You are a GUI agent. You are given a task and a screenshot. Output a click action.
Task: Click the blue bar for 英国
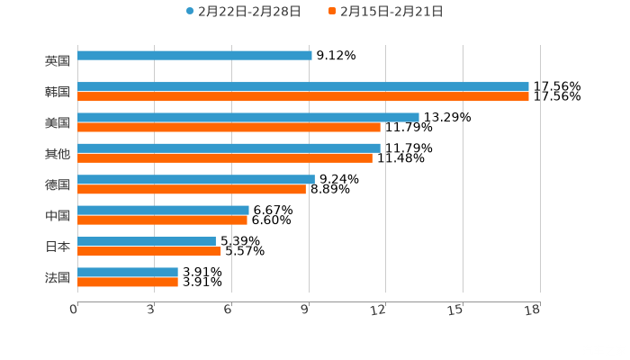click(194, 56)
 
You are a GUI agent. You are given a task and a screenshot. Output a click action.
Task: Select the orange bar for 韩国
click(303, 96)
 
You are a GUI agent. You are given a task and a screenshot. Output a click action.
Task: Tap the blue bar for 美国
click(248, 117)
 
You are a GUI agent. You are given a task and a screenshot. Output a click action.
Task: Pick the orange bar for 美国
click(229, 127)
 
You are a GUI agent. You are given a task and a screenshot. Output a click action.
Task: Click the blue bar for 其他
click(229, 148)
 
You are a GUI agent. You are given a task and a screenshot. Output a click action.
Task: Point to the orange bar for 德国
click(192, 189)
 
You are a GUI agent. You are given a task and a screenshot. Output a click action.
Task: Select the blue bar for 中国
click(163, 210)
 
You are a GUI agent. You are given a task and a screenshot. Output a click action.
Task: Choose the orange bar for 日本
click(149, 251)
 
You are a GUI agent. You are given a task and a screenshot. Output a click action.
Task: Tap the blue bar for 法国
click(128, 272)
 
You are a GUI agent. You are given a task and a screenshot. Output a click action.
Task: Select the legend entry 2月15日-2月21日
click(391, 12)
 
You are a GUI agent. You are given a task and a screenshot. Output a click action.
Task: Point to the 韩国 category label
click(57, 92)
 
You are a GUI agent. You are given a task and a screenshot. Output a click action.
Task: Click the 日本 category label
click(57, 246)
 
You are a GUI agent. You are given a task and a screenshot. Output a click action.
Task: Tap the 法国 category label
click(57, 277)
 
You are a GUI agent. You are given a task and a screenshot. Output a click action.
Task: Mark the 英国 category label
click(57, 61)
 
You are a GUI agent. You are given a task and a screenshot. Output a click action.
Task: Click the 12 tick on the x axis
click(379, 310)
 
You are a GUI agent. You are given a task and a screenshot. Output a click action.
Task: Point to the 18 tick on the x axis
click(533, 310)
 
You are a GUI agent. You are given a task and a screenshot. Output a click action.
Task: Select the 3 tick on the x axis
click(150, 310)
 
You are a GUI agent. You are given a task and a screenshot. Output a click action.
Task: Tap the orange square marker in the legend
click(332, 12)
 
